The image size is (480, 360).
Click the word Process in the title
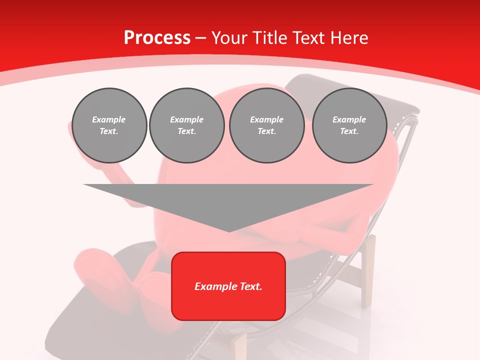point(157,38)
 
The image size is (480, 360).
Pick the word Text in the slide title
point(309,38)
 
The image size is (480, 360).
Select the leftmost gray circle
point(109,125)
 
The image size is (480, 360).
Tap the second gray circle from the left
point(186,125)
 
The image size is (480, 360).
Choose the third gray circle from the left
point(266,125)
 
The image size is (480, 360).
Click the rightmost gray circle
point(349,125)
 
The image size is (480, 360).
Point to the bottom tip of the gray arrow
point(229,230)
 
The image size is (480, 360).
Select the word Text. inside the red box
point(250,286)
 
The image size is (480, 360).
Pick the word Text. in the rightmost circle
point(349,131)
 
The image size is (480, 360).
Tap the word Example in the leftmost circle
point(109,119)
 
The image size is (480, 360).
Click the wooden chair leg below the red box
point(240,345)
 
